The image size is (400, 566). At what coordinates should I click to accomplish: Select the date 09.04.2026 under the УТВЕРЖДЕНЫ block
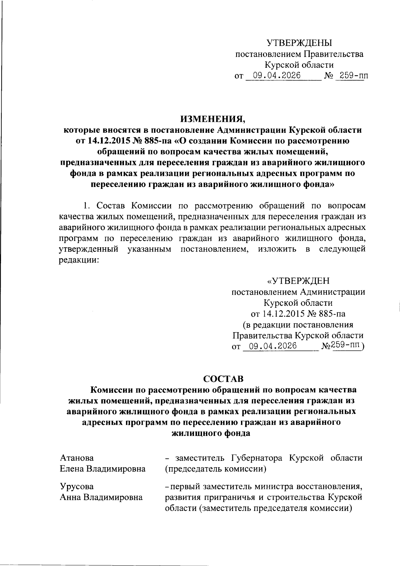coord(277,76)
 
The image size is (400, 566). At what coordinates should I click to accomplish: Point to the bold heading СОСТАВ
coord(224,379)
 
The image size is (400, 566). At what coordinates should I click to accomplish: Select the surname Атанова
coord(77,458)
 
